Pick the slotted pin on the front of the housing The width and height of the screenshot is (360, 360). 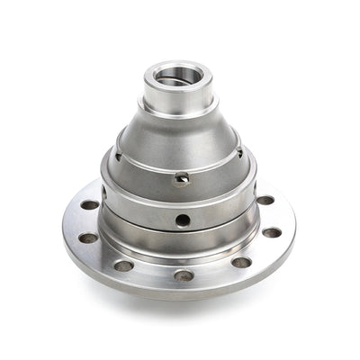click(x=183, y=177)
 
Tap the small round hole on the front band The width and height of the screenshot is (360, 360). click(x=183, y=219)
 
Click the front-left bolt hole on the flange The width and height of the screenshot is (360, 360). click(x=124, y=265)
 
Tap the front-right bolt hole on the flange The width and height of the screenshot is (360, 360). click(x=241, y=263)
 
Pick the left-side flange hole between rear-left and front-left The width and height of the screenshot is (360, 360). click(x=88, y=238)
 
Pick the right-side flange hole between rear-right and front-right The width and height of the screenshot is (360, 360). click(x=272, y=232)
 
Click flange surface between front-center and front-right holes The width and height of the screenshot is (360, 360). click(x=214, y=274)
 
